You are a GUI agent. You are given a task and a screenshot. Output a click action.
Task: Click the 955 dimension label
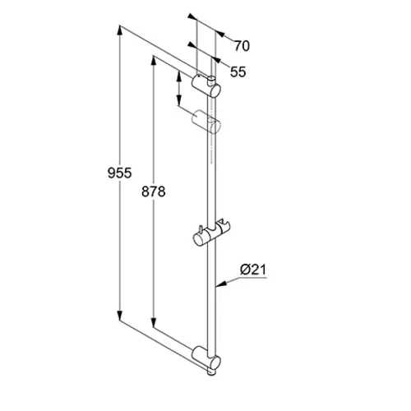120,173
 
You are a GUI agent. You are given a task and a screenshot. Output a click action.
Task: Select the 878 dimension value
154,192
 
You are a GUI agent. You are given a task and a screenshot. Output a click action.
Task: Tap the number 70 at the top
242,46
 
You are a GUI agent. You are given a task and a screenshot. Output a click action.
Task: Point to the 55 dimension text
238,72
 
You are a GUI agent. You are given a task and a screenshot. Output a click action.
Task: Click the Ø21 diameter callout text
253,270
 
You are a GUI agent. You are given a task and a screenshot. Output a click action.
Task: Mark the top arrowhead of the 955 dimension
120,30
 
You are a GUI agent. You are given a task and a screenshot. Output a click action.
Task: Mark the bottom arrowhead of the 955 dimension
120,316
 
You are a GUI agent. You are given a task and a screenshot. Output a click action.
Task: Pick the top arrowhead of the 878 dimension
154,61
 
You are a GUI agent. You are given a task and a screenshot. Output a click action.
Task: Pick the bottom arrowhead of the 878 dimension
154,322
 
